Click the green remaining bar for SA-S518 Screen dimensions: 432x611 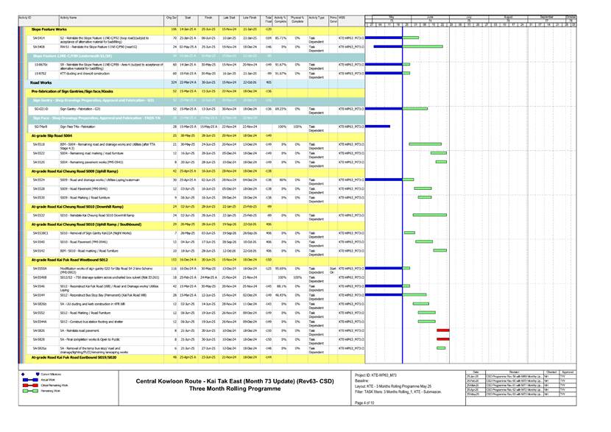click(x=425, y=144)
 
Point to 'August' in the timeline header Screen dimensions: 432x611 click(x=507, y=15)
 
